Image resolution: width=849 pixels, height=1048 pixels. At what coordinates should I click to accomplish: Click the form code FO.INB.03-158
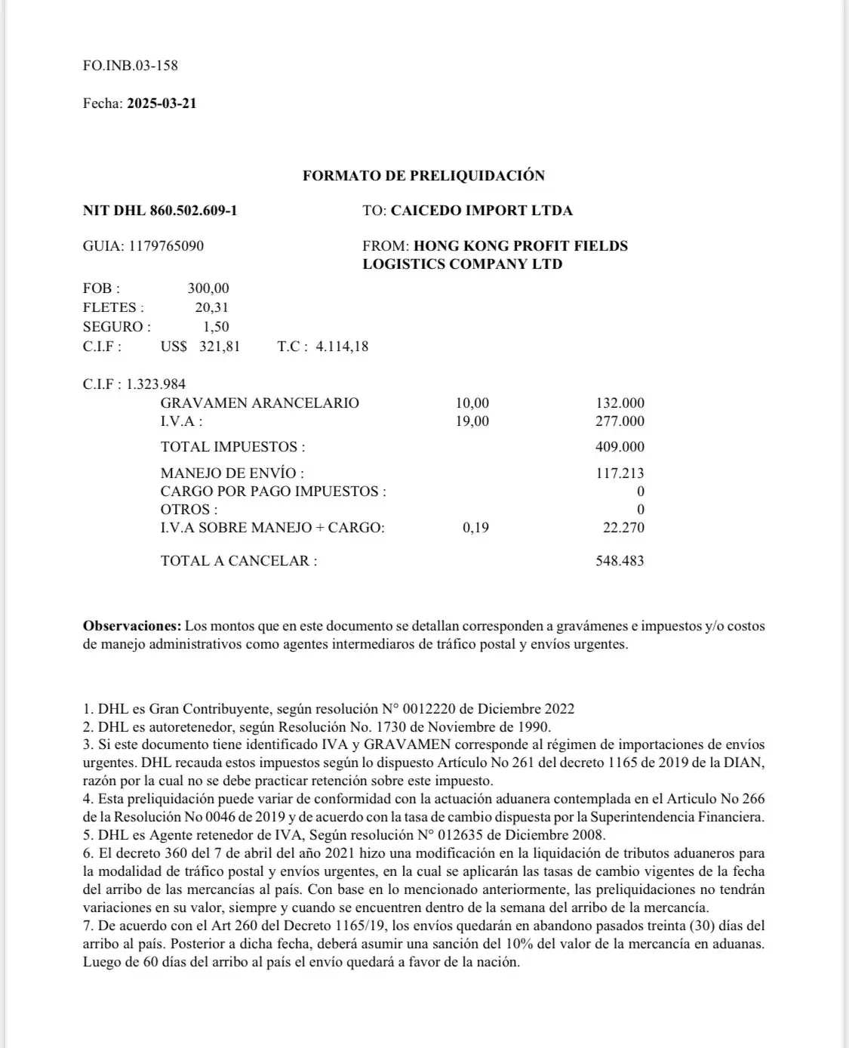click(130, 66)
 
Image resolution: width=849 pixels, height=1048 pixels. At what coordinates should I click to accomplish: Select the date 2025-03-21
click(161, 103)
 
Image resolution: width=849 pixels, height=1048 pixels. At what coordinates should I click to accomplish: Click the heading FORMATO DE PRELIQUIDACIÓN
click(423, 176)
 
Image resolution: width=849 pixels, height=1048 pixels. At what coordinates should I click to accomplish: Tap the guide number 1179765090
click(166, 246)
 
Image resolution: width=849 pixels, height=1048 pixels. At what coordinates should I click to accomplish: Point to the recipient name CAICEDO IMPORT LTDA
click(481, 211)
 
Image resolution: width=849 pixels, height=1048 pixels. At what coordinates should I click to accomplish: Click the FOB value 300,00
click(208, 288)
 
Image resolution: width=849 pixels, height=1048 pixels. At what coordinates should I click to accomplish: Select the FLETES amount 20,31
click(211, 307)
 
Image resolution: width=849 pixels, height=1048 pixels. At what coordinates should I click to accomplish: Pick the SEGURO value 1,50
click(216, 327)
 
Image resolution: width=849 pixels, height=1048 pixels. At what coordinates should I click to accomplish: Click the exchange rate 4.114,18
click(342, 347)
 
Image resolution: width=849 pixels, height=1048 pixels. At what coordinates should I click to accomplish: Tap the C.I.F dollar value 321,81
click(220, 347)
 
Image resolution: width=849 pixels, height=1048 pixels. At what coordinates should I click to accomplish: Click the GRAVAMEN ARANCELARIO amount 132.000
click(620, 403)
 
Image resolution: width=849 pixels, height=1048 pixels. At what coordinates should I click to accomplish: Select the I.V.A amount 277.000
click(620, 421)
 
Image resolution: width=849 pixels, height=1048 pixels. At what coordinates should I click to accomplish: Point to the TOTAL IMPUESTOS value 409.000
click(620, 447)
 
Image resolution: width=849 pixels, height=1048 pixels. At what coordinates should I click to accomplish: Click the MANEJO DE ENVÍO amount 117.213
click(620, 473)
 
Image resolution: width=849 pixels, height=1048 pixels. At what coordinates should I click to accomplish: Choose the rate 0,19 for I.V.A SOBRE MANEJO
click(475, 528)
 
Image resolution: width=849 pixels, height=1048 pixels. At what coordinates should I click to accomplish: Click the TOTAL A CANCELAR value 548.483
click(620, 561)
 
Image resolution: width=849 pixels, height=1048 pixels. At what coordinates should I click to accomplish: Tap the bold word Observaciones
click(132, 626)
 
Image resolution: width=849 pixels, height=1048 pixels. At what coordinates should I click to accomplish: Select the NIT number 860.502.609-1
click(193, 211)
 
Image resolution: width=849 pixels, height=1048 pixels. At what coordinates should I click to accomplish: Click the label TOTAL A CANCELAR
click(238, 561)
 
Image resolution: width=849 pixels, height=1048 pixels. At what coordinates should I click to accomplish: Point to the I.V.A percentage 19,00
click(472, 421)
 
